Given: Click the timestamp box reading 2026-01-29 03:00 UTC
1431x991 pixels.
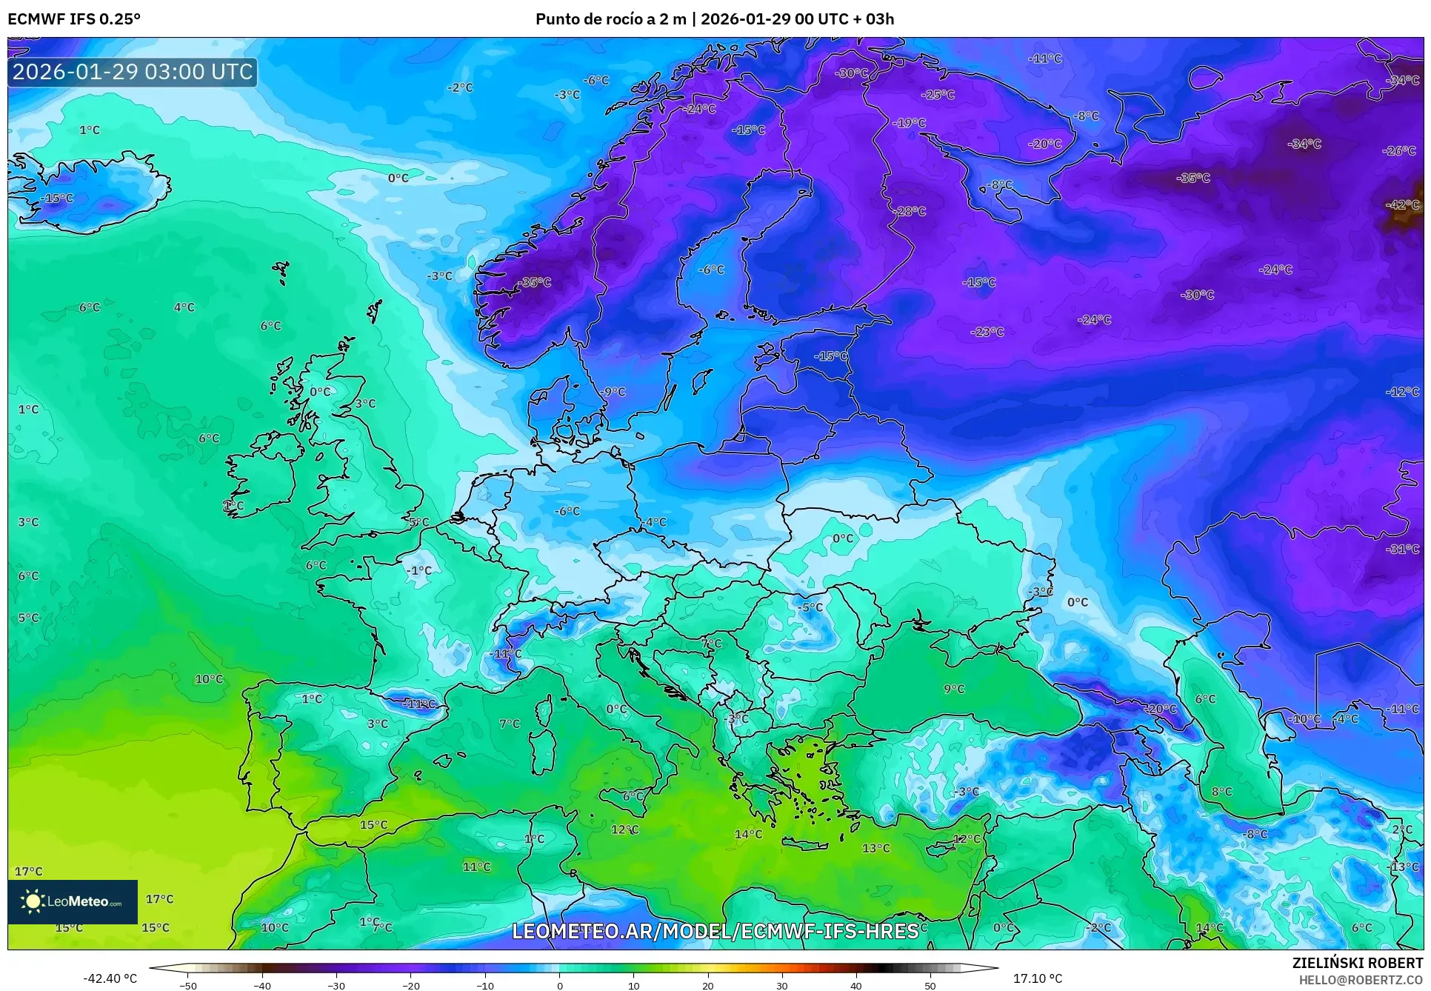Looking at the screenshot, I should tap(133, 72).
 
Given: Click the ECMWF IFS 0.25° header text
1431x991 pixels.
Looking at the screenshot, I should tap(74, 19).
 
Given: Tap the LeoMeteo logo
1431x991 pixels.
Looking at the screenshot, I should tap(73, 901).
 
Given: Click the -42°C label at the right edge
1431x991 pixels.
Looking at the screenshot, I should tap(1402, 204).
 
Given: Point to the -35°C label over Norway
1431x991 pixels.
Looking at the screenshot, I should tap(534, 282).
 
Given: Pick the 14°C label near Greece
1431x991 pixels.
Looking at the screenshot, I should tap(748, 834).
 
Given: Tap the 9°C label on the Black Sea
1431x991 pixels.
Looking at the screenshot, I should tap(954, 689).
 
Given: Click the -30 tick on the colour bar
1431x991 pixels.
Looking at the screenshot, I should tap(336, 985).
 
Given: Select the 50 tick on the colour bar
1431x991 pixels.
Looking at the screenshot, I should tap(930, 985).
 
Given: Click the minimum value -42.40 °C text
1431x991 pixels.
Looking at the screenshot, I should tap(110, 978).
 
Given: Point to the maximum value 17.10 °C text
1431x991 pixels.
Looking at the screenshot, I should tap(1037, 978).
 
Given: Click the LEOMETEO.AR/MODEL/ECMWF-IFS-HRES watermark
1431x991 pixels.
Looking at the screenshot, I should tap(715, 931).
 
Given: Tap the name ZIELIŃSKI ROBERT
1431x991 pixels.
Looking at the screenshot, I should tap(1358, 963).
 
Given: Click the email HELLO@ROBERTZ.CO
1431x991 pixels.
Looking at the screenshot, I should tap(1360, 980).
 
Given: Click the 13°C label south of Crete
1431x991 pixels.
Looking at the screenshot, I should tap(875, 848).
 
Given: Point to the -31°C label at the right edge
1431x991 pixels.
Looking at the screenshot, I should tap(1402, 549).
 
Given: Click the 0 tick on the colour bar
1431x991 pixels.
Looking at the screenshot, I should tap(559, 985).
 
